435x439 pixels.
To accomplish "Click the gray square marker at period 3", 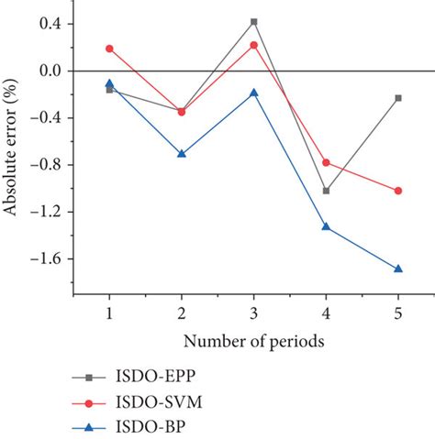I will click(254, 21).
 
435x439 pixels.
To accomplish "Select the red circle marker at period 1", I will click(109, 48).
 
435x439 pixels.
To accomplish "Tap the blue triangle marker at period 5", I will click(398, 269).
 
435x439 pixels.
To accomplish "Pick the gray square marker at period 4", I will click(326, 191).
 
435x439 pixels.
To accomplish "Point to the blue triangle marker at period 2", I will click(182, 153).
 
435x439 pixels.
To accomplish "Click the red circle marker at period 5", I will click(398, 191).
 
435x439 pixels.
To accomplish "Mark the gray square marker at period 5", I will click(398, 98).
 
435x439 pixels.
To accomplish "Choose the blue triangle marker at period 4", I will click(326, 225).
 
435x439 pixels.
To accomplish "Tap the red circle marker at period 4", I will click(326, 162).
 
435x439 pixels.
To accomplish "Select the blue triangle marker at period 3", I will click(254, 93).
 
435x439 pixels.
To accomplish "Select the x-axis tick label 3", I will click(254, 314).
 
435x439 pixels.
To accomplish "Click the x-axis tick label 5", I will click(398, 314).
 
